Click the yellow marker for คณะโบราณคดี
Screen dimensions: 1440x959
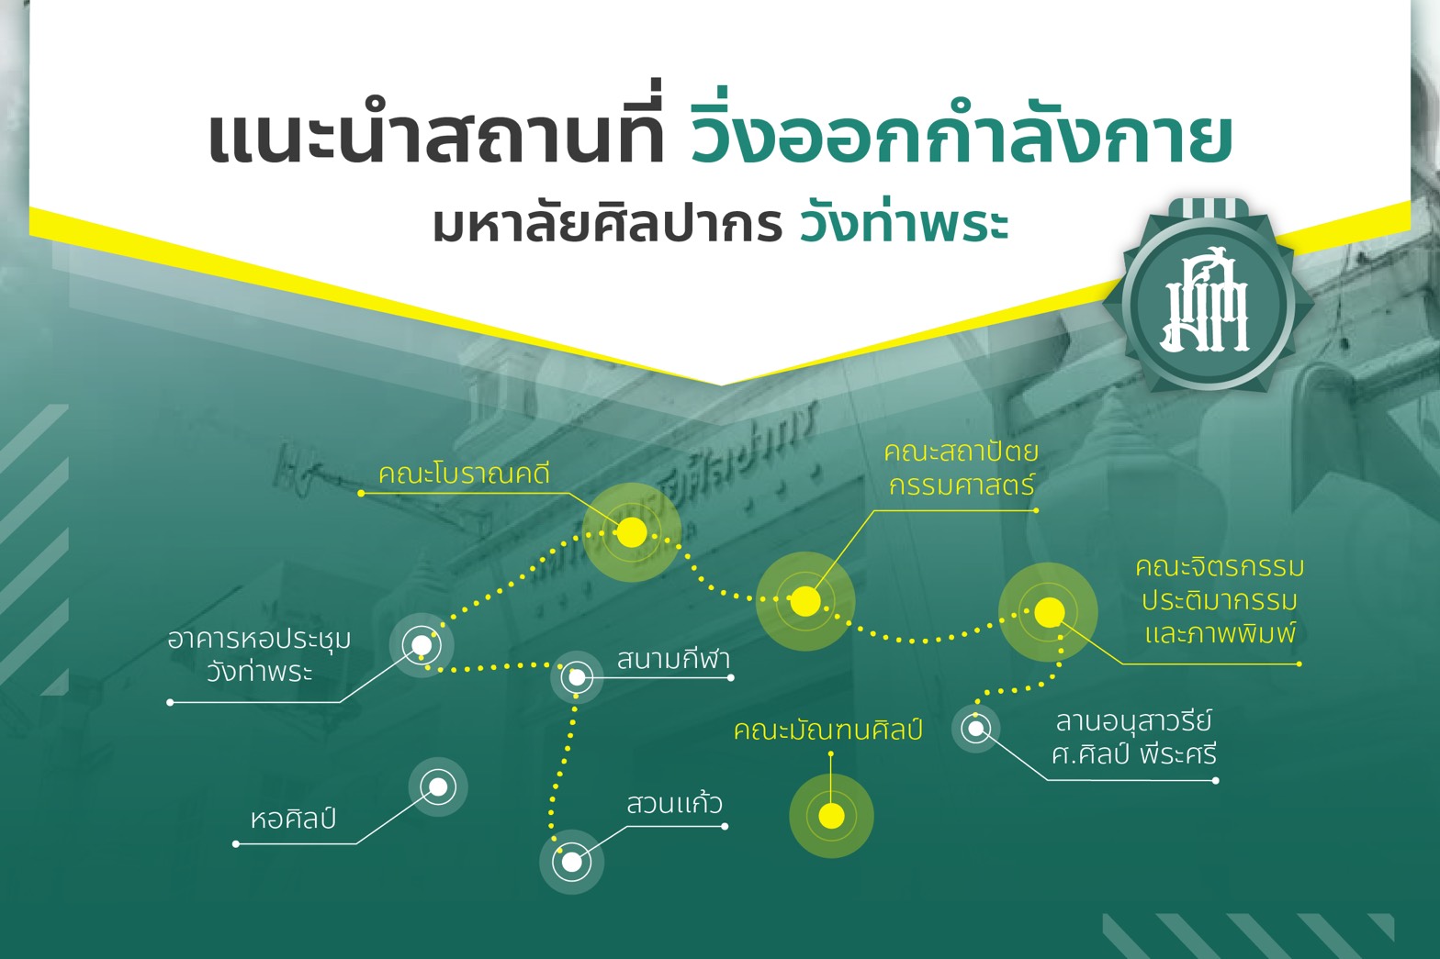[x=632, y=532]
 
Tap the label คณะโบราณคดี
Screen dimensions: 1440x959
[x=464, y=474]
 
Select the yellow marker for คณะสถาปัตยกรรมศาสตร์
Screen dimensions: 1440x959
[x=804, y=601]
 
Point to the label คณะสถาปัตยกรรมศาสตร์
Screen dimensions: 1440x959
[x=961, y=468]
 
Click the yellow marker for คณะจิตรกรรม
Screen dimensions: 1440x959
[x=1049, y=612]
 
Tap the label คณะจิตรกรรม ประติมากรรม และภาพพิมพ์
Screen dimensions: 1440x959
[x=1220, y=600]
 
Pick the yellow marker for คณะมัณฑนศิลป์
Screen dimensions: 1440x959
[x=831, y=816]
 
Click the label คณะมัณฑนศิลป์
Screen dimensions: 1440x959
[x=828, y=730]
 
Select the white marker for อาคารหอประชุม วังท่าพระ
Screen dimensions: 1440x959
[x=422, y=644]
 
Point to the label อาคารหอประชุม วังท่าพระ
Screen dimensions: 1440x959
[x=259, y=655]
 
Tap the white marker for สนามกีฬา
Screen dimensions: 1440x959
[x=577, y=677]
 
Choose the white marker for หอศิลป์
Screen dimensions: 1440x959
[x=438, y=786]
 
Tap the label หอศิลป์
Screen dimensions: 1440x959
[x=293, y=819]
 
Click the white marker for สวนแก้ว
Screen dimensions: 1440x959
[x=571, y=862]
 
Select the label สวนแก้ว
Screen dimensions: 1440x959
[x=674, y=803]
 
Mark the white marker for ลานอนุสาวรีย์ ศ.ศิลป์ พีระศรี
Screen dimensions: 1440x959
[x=976, y=729]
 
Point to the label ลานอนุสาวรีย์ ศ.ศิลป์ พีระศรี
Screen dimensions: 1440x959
[x=1134, y=738]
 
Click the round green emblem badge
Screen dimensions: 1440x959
[x=1209, y=302]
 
